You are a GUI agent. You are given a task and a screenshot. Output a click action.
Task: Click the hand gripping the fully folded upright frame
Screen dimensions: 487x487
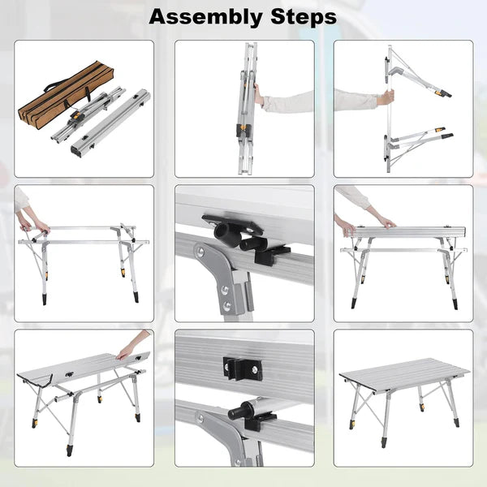point(258,95)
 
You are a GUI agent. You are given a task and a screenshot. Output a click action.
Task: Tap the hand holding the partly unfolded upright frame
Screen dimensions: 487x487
point(389,97)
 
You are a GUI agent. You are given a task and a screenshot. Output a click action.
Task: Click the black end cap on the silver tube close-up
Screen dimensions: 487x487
point(237,412)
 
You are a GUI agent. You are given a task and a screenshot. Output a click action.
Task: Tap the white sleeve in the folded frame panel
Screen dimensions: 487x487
point(284,101)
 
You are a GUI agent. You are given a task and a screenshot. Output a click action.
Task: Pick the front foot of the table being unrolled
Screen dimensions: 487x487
point(71,449)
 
